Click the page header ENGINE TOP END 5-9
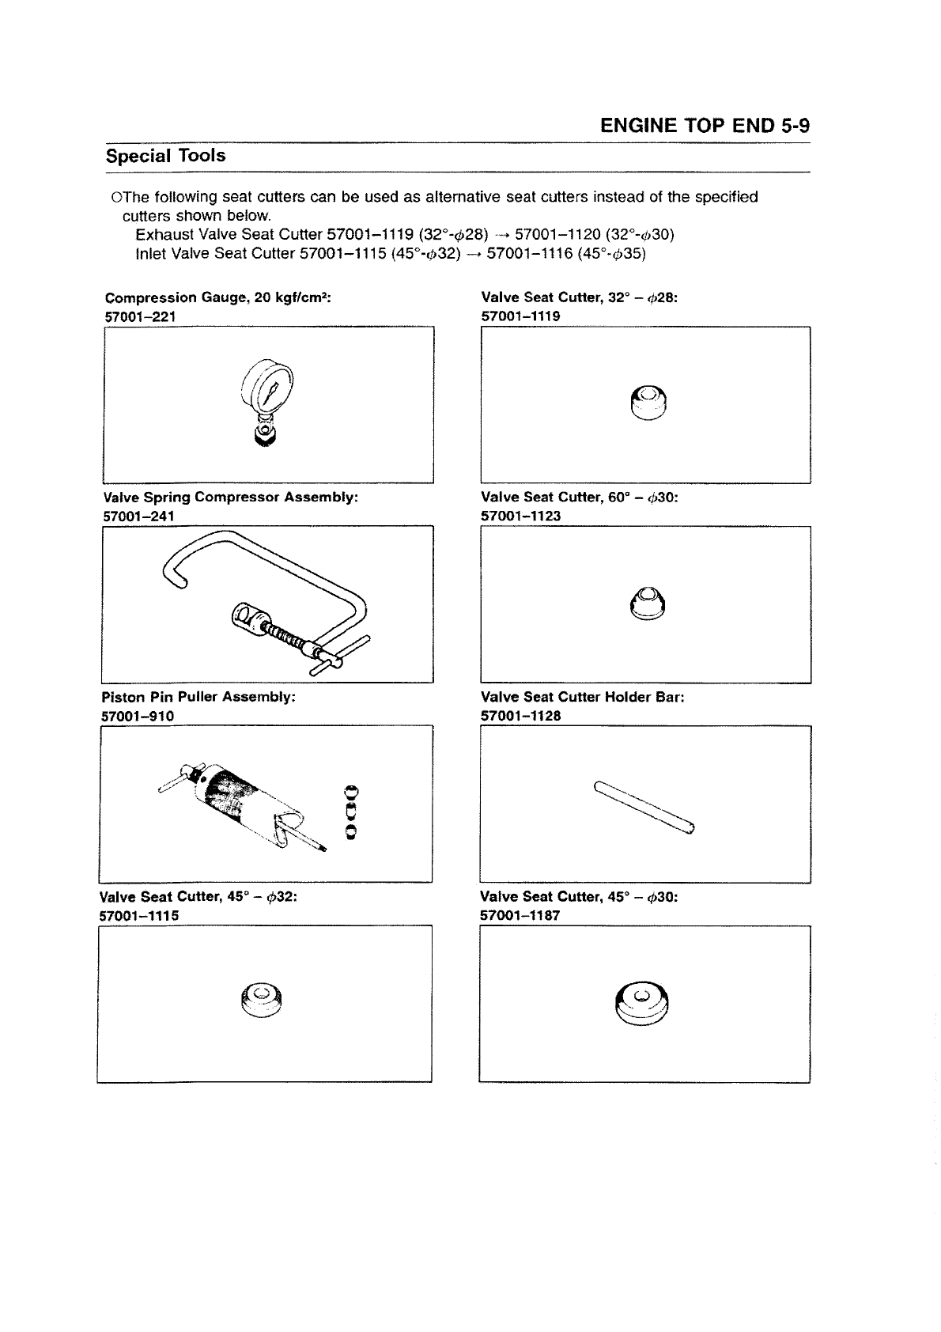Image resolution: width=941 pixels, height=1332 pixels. pos(705,127)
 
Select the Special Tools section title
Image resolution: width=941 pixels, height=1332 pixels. pos(166,156)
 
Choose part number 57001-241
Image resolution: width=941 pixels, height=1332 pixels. pos(139,516)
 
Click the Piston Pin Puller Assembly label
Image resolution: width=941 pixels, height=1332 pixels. pos(198,698)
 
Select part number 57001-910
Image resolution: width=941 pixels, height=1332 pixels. pos(138,716)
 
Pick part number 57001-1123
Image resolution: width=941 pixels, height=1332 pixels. pos(521,516)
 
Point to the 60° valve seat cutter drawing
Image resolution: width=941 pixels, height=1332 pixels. pos(648,605)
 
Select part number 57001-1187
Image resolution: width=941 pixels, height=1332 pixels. pos(520,915)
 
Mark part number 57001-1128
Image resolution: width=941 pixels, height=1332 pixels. pos(521,716)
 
